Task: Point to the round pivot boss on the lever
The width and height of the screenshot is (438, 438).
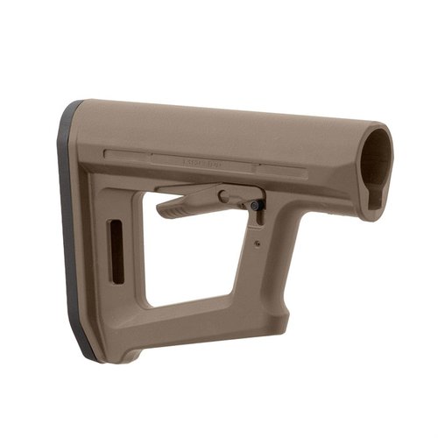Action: [225, 194]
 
